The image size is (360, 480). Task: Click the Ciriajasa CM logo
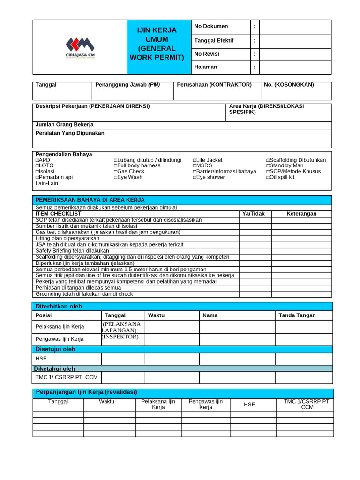(x=80, y=47)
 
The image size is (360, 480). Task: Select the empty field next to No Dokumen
(x=295, y=27)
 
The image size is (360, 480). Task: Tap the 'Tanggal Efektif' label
(x=214, y=40)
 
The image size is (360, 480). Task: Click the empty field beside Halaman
(x=295, y=67)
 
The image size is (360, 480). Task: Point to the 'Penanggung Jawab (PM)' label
(x=127, y=85)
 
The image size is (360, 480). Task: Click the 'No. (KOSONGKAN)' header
(x=289, y=85)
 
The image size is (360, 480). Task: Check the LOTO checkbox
(x=37, y=166)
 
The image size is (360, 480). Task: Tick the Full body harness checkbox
(x=115, y=166)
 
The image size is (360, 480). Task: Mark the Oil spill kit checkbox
(x=268, y=177)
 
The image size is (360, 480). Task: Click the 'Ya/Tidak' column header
(x=253, y=214)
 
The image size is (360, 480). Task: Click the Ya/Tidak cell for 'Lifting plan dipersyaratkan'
(x=255, y=239)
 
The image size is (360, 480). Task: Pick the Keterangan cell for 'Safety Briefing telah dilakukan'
(x=301, y=251)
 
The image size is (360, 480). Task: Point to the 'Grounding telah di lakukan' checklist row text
(x=84, y=294)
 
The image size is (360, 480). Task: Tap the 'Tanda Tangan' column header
(x=297, y=315)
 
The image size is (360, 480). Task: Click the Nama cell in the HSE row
(x=237, y=359)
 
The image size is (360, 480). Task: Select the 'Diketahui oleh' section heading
(x=55, y=369)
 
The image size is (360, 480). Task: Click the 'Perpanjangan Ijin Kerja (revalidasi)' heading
(x=87, y=392)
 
